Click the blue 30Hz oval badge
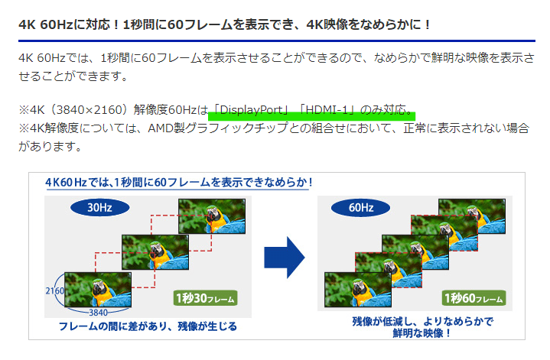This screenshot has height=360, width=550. (100, 208)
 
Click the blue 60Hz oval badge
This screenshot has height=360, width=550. (360, 208)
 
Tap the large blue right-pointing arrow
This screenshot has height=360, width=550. (284, 258)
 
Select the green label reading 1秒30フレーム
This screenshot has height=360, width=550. (205, 298)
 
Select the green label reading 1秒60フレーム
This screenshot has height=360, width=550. (474, 298)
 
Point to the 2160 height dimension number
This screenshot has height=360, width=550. (55, 291)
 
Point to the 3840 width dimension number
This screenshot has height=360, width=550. (98, 313)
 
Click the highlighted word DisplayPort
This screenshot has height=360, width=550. (251, 110)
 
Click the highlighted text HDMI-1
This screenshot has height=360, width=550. (327, 110)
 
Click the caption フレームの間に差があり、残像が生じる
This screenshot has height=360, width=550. (148, 326)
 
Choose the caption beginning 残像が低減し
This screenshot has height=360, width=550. (422, 327)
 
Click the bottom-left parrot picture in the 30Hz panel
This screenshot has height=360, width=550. (98, 290)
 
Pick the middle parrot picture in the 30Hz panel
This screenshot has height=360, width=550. (155, 252)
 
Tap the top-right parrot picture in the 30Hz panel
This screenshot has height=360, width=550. (212, 216)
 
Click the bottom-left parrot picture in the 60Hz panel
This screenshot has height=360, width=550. (358, 290)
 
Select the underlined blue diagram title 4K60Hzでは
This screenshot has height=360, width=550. (178, 183)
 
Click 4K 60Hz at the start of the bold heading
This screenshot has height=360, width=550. (46, 25)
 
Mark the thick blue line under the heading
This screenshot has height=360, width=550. (277, 41)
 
